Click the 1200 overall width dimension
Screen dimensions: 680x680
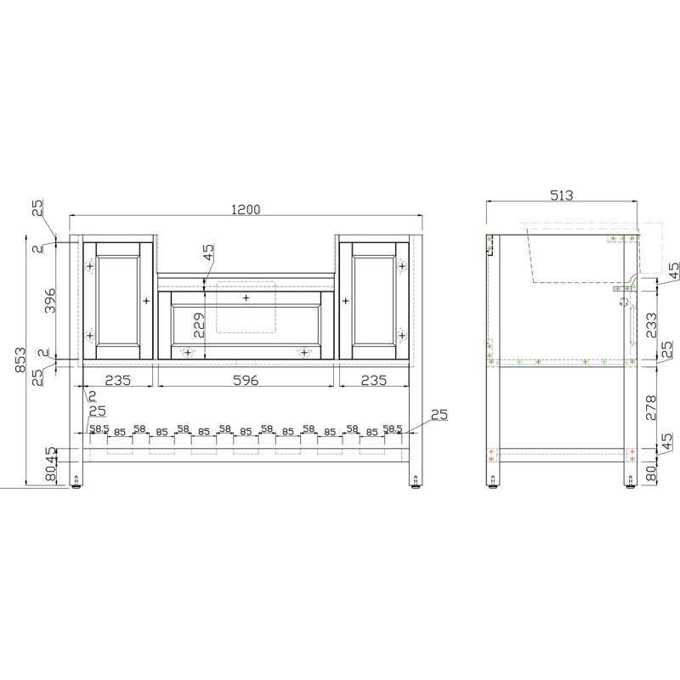(x=246, y=209)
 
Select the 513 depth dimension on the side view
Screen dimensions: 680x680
(x=562, y=195)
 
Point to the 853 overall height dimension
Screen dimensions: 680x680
(x=20, y=360)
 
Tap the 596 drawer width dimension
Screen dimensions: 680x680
(x=246, y=380)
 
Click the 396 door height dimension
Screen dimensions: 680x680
(x=50, y=300)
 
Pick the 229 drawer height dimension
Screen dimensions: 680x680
(x=199, y=326)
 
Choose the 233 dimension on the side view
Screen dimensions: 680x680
(x=651, y=326)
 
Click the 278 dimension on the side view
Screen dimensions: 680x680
(x=651, y=407)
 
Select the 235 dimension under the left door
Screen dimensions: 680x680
(x=117, y=380)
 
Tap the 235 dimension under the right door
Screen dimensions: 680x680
(x=373, y=380)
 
